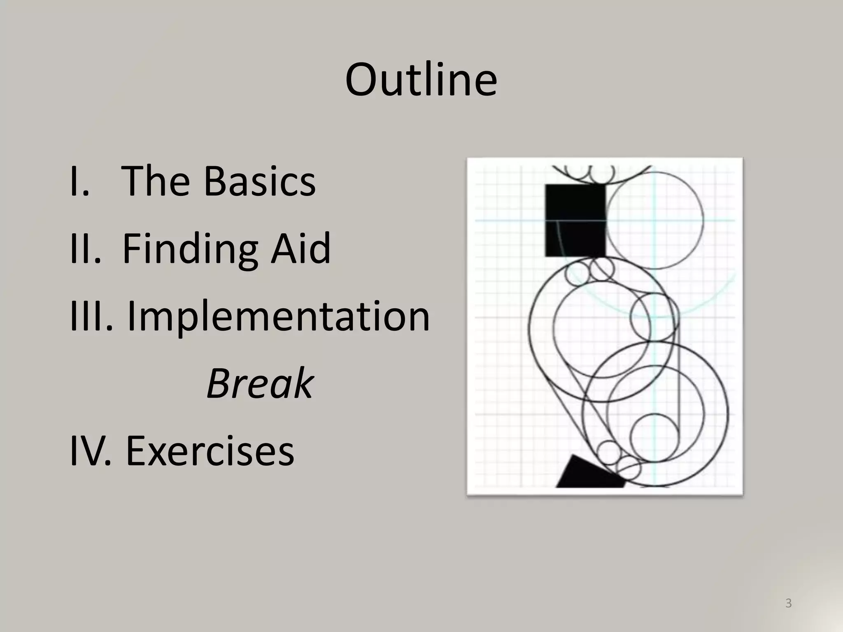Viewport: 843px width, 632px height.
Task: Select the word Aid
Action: [x=300, y=248]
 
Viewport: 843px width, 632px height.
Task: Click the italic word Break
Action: [x=260, y=383]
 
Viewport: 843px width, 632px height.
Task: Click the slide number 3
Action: [x=788, y=603]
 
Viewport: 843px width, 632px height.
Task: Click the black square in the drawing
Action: [x=575, y=220]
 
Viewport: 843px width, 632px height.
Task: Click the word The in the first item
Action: [x=155, y=181]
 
